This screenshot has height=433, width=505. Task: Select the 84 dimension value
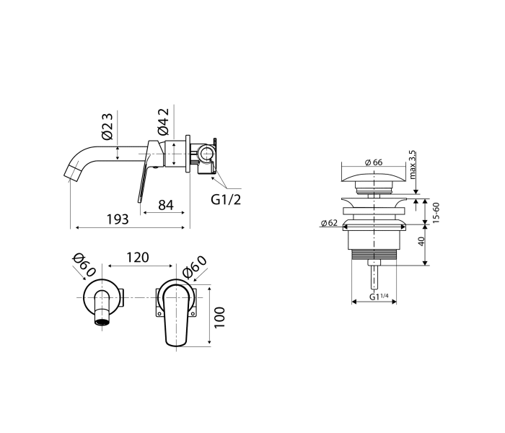pos(166,204)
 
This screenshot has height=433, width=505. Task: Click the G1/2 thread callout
pos(226,200)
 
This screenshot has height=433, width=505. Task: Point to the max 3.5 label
pos(412,165)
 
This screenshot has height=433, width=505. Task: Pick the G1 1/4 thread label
pos(379,297)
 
